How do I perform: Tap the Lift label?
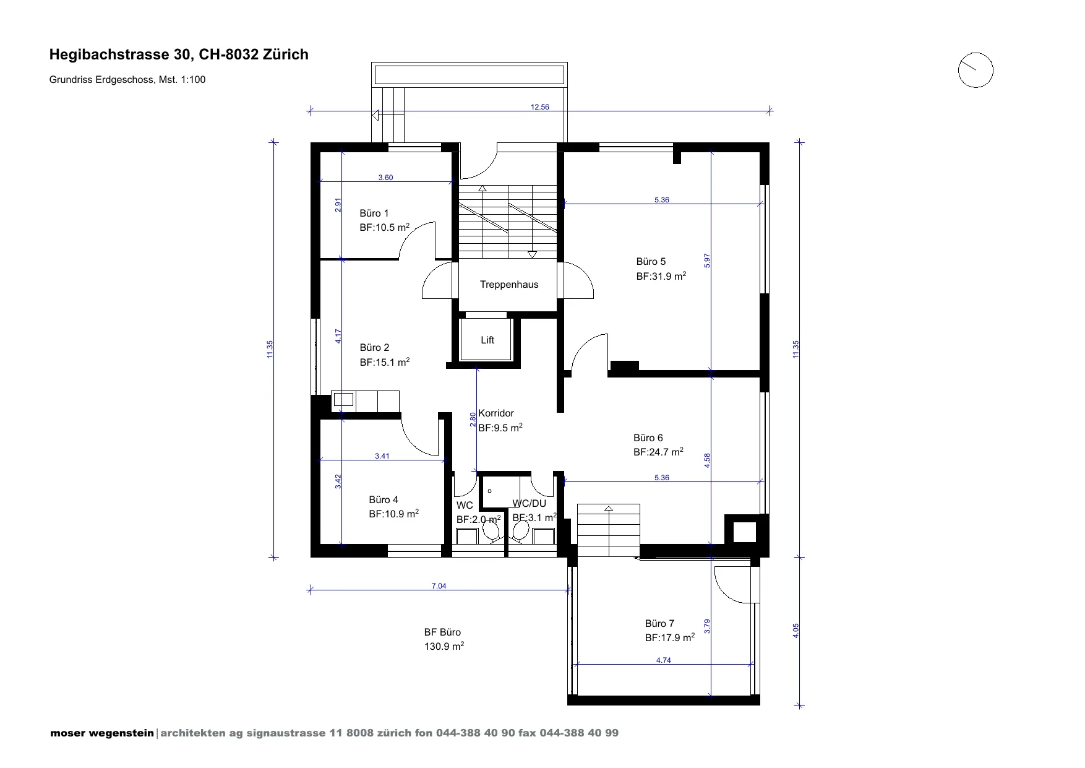coord(487,340)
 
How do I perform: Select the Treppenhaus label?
coord(509,285)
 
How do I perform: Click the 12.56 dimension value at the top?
coord(540,107)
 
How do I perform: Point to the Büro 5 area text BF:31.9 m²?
coord(661,276)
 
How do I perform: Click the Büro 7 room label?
coord(659,623)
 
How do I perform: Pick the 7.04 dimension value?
coord(439,586)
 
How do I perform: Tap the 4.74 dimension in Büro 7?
coord(663,660)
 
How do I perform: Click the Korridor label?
coord(496,413)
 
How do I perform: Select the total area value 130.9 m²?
coord(444,647)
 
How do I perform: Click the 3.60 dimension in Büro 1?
coord(385,178)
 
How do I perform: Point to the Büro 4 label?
coord(384,499)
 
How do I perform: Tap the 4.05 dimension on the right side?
coord(796,631)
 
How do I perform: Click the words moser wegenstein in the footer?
coord(102,733)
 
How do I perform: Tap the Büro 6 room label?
coord(648,438)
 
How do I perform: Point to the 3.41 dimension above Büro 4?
coord(382,456)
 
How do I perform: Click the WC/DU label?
coord(530,504)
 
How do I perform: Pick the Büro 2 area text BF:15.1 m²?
coord(385,362)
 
